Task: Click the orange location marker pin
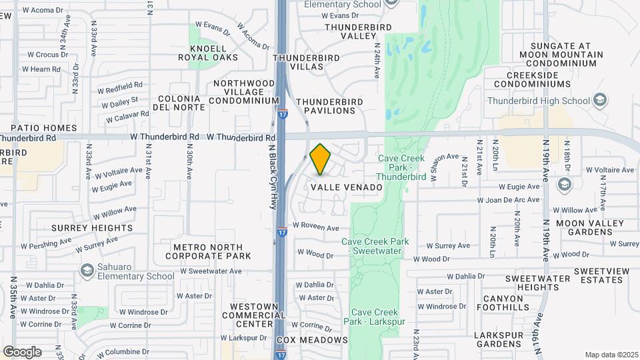(321, 159)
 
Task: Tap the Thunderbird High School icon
(600, 101)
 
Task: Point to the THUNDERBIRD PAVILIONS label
(329, 107)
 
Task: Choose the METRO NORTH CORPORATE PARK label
(208, 251)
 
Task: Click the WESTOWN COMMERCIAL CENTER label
(252, 315)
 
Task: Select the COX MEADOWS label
(312, 340)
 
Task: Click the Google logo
(22, 351)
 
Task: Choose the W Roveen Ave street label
(315, 227)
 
